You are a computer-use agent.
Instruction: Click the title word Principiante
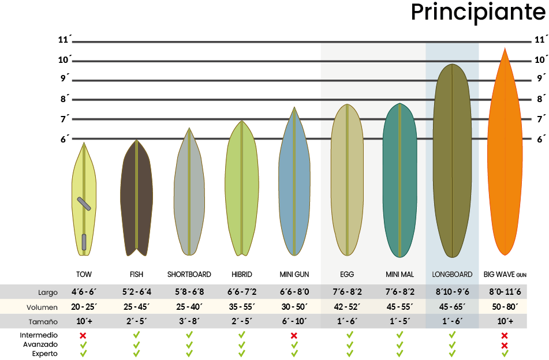[479, 13]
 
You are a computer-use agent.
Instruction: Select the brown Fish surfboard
[137, 196]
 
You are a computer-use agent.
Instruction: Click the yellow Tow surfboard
[84, 199]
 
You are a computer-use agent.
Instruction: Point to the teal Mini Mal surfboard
[399, 179]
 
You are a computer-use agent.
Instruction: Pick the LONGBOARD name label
[452, 275]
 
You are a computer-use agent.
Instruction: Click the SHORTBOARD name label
[189, 275]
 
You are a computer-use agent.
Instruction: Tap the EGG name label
[346, 275]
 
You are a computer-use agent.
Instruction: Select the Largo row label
[48, 292]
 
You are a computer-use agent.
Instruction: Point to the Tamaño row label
[44, 322]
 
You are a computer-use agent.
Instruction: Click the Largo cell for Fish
[136, 292]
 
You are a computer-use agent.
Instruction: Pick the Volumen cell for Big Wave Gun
[505, 307]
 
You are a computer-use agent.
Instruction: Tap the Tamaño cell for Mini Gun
[294, 321]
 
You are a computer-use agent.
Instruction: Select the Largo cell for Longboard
[452, 292]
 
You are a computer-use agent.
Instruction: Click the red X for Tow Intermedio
[83, 335]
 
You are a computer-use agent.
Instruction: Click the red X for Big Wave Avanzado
[505, 345]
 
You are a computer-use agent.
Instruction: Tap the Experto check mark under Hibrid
[242, 353]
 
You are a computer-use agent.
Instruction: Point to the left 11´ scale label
[65, 40]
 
